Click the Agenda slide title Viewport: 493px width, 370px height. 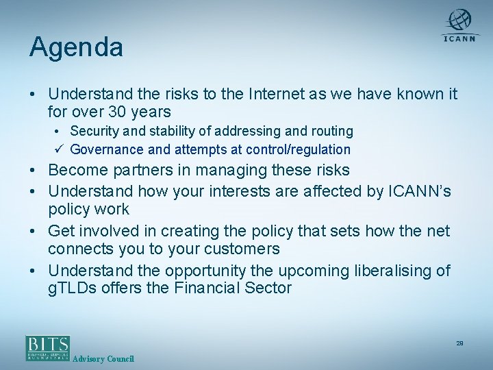76,48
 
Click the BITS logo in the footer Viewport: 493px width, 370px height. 48,347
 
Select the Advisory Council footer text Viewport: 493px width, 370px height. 103,359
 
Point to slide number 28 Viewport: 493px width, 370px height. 460,343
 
